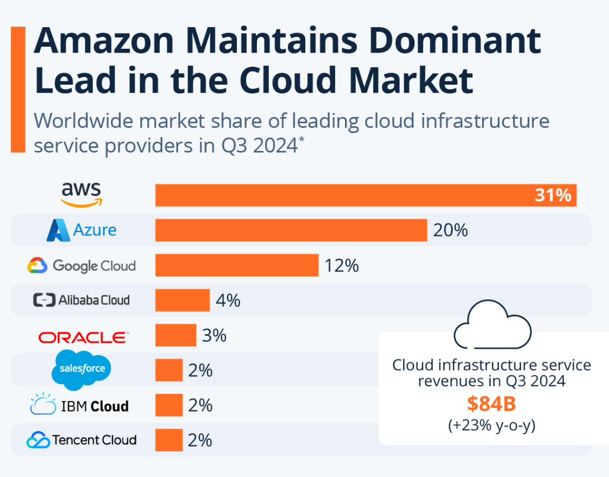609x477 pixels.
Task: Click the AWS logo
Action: point(81,195)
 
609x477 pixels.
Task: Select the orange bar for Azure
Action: point(291,230)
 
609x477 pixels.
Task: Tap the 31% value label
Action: point(553,195)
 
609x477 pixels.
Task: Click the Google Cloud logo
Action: point(81,265)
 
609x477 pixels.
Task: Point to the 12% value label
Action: point(342,265)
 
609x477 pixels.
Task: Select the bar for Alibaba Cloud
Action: point(183,300)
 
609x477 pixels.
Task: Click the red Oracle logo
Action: point(84,337)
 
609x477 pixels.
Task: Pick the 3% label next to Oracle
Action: point(214,335)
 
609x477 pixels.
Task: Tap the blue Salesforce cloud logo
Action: point(81,370)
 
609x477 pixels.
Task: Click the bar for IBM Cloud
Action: point(169,405)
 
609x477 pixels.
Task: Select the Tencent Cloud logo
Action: point(81,440)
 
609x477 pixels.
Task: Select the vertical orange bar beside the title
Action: point(18,89)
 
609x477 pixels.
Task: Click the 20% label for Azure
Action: point(450,230)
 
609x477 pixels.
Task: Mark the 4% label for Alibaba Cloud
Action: point(228,300)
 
